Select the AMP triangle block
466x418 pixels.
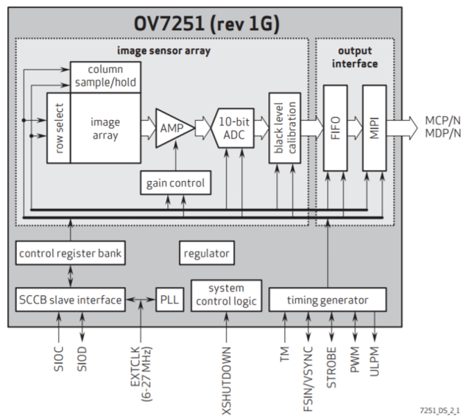click(172, 128)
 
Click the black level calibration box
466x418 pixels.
click(284, 128)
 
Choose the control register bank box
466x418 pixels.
click(70, 254)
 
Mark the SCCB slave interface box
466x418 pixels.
click(70, 300)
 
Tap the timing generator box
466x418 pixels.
click(328, 300)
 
